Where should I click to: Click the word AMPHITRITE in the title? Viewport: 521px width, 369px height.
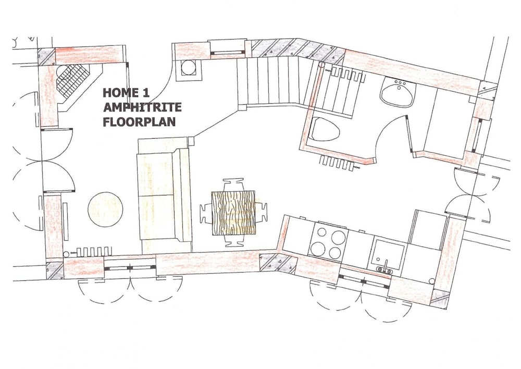pyautogui.click(x=142, y=107)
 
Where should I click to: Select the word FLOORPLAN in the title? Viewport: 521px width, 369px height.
pyautogui.click(x=139, y=121)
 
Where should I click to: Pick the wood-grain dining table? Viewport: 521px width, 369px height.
pyautogui.click(x=233, y=213)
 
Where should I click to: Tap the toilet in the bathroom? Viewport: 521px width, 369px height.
pyautogui.click(x=325, y=128)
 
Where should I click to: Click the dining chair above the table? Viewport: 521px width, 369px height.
pyautogui.click(x=233, y=185)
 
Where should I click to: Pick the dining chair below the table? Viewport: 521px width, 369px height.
pyautogui.click(x=233, y=241)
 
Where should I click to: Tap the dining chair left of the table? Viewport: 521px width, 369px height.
pyautogui.click(x=206, y=213)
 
